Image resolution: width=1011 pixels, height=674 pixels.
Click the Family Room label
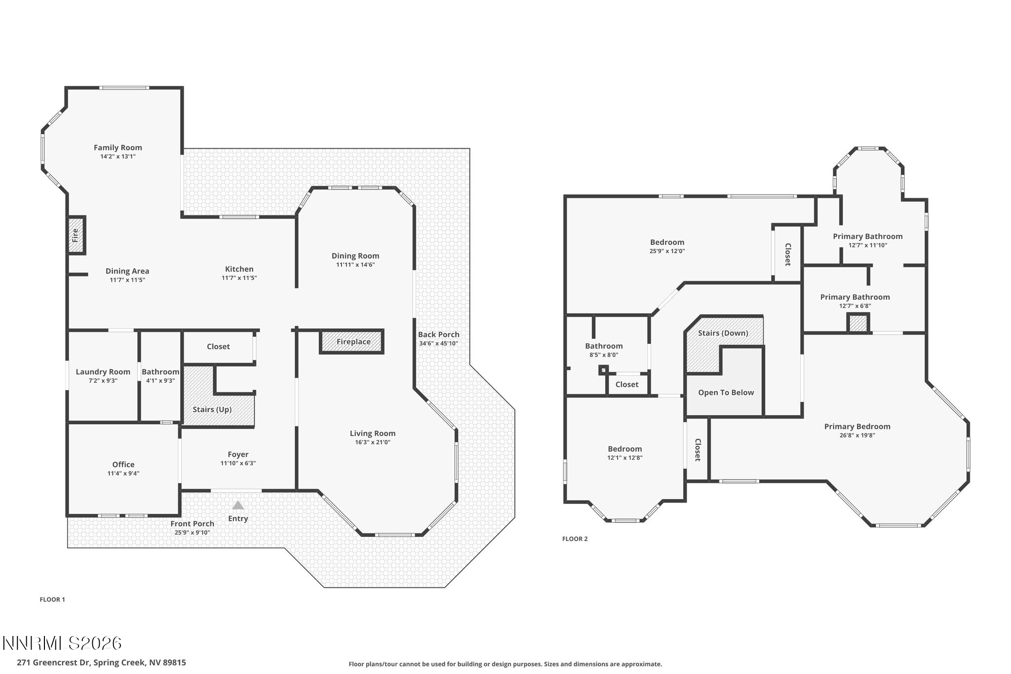(x=117, y=148)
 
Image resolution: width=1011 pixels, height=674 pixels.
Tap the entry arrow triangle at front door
(x=238, y=506)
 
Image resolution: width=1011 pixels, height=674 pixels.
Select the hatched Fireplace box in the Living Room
(x=352, y=342)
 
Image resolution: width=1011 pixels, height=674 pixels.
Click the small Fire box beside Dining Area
(x=76, y=235)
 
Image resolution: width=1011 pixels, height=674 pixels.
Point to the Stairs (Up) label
(x=212, y=409)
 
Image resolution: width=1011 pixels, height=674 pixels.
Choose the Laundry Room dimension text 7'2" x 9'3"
(x=103, y=381)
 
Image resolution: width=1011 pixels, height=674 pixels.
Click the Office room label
(x=123, y=464)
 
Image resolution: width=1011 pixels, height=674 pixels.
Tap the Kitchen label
(x=239, y=269)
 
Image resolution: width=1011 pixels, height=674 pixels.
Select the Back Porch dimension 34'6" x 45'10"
(x=438, y=343)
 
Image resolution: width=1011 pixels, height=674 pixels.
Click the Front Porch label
(x=192, y=523)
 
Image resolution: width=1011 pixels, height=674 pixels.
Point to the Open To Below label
(x=726, y=393)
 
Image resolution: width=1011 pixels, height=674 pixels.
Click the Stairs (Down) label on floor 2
(x=723, y=333)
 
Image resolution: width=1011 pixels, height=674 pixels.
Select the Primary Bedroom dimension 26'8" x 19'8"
(x=856, y=436)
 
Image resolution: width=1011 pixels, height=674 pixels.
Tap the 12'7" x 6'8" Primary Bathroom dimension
(x=855, y=306)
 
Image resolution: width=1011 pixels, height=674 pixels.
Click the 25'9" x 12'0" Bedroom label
(x=667, y=242)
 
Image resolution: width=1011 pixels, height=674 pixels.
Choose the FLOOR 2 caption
(x=575, y=539)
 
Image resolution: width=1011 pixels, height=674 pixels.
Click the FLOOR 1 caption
(x=52, y=599)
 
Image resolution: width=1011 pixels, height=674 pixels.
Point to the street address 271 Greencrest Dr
(x=101, y=663)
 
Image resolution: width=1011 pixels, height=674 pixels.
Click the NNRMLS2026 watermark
(x=62, y=643)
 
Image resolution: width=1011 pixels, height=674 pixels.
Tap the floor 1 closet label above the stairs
(x=218, y=347)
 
